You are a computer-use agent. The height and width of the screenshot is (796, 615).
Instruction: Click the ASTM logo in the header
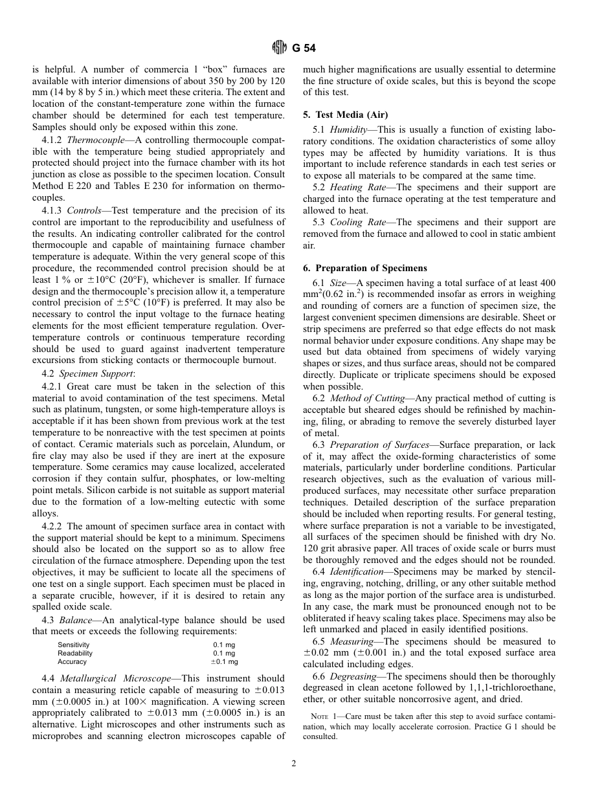(x=279, y=47)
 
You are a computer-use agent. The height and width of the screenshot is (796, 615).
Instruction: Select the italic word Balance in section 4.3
(x=76, y=621)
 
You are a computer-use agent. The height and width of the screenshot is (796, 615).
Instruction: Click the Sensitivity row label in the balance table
(x=73, y=645)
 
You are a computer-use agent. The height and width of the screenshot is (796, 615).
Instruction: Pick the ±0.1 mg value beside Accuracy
(x=224, y=661)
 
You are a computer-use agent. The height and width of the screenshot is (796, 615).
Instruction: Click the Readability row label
(x=75, y=654)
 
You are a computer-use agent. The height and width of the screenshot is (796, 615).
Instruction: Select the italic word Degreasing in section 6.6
(x=353, y=676)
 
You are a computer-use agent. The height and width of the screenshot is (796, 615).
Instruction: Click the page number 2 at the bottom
(x=293, y=764)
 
